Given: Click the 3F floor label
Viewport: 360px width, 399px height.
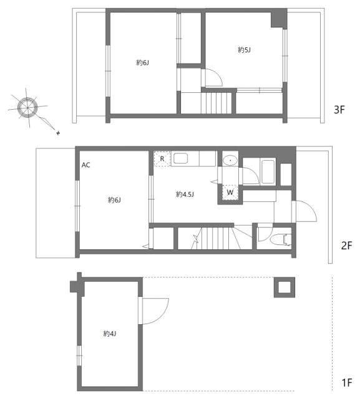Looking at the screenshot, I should click(339, 110).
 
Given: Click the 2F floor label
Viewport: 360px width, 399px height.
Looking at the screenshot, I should click(346, 246).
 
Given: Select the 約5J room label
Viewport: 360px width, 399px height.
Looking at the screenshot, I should click(244, 49).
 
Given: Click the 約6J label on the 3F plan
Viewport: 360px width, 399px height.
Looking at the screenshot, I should click(142, 62).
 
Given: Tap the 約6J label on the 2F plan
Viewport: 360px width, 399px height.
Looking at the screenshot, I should click(114, 199).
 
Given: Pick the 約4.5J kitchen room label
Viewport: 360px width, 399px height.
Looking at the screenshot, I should click(185, 195).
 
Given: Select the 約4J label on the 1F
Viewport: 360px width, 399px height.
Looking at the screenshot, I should click(110, 334).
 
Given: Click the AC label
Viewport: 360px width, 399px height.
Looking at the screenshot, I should click(86, 165).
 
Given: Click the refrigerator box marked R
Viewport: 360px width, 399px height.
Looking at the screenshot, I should click(162, 159).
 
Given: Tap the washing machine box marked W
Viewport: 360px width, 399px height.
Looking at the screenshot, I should click(230, 193).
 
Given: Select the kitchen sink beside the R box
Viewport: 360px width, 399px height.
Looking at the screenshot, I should click(181, 158).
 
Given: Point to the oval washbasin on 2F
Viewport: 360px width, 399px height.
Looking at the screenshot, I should click(230, 160).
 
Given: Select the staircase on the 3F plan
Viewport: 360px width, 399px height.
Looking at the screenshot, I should click(217, 102).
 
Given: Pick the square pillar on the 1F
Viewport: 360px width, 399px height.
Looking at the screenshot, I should click(283, 287).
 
